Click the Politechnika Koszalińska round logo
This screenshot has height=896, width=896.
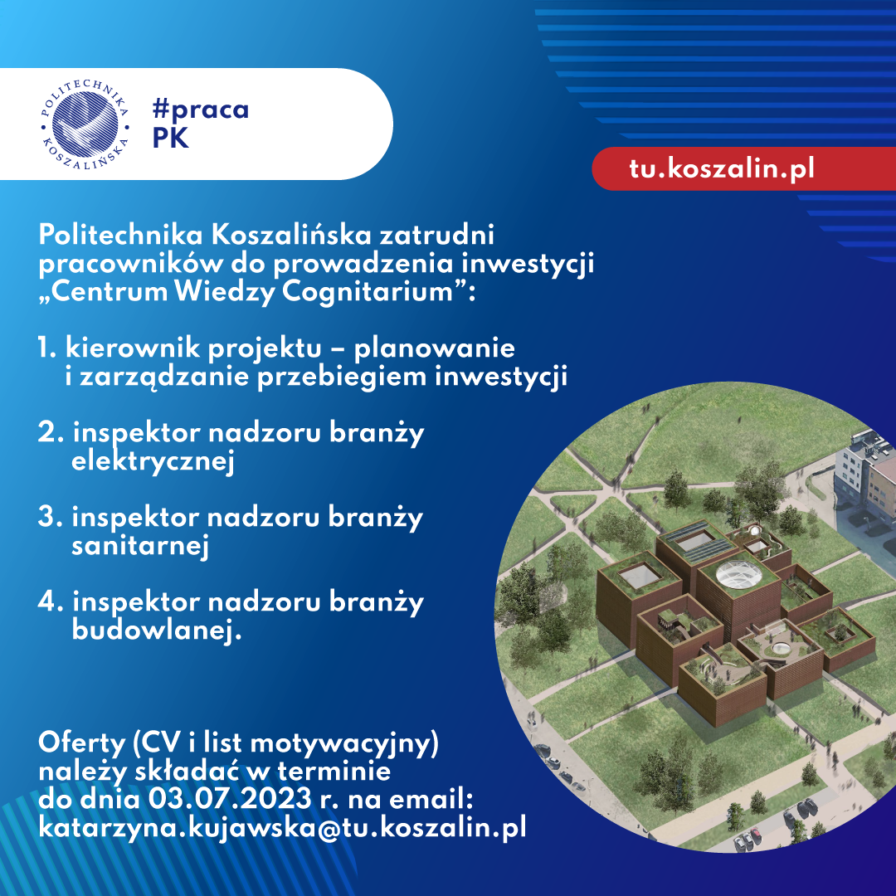[85, 124]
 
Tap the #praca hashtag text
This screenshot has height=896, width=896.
[201, 110]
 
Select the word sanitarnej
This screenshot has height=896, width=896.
[140, 546]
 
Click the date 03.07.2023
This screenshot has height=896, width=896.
[231, 799]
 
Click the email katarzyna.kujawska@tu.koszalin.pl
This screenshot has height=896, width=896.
[282, 827]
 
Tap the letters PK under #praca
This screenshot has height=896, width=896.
[170, 138]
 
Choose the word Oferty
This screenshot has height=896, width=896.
[81, 743]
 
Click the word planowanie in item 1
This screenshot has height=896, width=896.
[434, 348]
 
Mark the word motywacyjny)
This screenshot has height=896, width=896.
[344, 744]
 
